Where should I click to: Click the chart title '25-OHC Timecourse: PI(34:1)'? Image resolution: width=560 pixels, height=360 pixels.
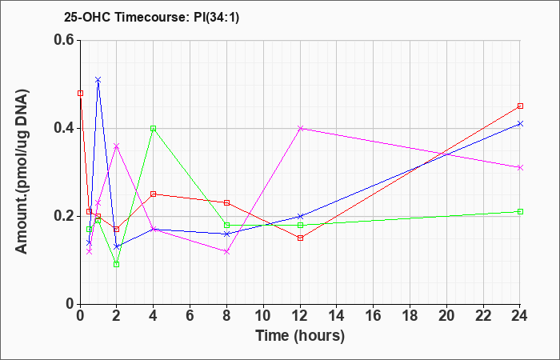coord(151,17)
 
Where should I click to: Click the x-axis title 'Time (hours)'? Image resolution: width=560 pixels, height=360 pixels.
coord(300,336)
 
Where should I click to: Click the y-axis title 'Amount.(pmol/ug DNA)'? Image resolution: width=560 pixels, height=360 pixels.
coord(22,172)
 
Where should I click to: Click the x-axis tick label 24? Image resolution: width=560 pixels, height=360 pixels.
coord(520,316)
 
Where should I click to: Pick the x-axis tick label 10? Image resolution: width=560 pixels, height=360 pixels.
coord(263,316)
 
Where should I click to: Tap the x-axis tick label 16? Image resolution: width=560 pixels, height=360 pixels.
coord(374,316)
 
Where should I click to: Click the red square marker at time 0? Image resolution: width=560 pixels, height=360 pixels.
coord(80,94)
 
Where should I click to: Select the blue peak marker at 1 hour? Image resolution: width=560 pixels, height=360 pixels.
coord(98,80)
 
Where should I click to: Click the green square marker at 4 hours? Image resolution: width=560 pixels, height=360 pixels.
coord(154,128)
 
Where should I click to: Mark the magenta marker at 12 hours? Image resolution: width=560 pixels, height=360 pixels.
coord(300,128)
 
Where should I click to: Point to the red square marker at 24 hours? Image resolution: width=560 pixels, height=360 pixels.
coord(520,106)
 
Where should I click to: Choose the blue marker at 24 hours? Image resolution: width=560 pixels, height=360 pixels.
coord(520,123)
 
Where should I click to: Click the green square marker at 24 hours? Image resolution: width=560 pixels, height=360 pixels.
coord(520,211)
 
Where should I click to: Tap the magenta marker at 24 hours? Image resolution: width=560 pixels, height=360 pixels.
coord(520,167)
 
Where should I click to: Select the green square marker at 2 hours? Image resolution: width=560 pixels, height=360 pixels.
coord(117,264)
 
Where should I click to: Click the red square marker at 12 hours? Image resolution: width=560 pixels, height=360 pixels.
coord(300,238)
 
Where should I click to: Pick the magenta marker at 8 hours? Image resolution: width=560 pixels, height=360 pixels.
coord(226,251)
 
